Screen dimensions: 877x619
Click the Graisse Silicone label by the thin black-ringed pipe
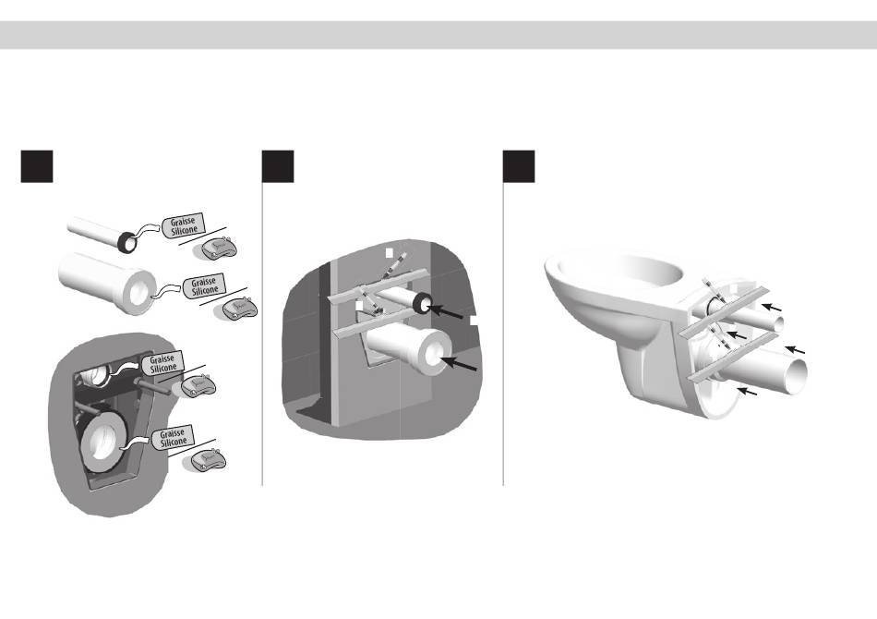[x=184, y=225]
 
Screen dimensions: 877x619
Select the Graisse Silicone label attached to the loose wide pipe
[x=204, y=285]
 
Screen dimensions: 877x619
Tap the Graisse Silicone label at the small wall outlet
[x=162, y=363]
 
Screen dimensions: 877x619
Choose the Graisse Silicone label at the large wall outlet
[x=173, y=437]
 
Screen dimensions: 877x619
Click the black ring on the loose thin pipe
[x=127, y=241]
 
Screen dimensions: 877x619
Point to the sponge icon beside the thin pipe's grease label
[x=220, y=249]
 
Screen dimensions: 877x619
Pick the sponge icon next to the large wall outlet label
[x=208, y=460]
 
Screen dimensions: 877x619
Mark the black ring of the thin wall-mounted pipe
[x=422, y=303]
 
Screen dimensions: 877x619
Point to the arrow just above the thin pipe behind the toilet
[x=773, y=307]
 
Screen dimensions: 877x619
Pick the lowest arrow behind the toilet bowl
[x=747, y=390]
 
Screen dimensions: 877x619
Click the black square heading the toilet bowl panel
[x=519, y=166]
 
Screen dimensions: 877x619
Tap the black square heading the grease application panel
[x=37, y=166]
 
